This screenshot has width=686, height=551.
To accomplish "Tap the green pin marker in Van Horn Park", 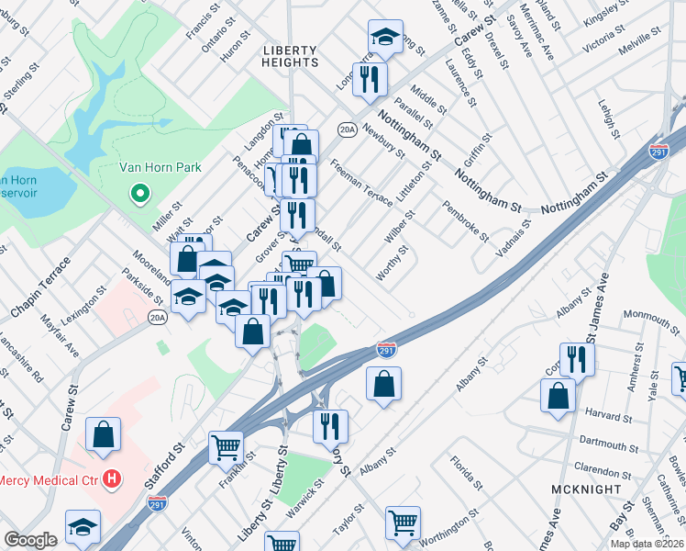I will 139,194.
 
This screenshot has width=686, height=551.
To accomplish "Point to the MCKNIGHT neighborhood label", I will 588,489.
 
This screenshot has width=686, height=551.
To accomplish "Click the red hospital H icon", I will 112,478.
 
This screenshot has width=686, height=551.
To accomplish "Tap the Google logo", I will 30,540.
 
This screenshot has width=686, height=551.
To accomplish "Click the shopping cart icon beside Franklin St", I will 226,448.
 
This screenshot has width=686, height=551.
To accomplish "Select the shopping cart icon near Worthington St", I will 403,523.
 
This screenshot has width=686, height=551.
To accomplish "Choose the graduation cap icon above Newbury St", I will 386,37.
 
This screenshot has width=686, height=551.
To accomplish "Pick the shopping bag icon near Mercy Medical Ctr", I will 104,434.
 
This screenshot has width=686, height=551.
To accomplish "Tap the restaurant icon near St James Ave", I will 577,359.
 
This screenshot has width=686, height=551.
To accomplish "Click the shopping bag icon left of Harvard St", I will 558,396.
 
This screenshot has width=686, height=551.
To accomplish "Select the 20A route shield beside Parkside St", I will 157,318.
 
